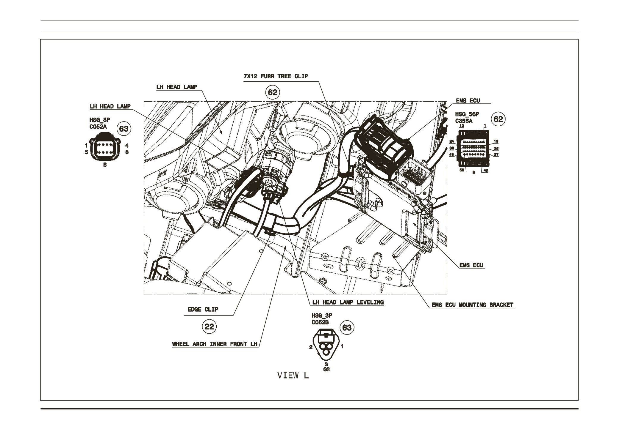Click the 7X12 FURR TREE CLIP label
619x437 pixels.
point(276,76)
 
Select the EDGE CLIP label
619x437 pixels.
point(203,309)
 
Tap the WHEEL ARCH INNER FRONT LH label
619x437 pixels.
point(215,344)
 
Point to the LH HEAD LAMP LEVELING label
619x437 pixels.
point(348,302)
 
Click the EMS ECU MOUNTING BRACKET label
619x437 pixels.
point(473,305)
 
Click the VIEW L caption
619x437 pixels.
point(293,376)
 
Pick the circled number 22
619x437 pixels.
point(209,327)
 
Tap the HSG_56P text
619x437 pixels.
point(467,115)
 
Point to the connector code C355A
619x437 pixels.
point(464,121)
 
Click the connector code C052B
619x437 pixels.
point(320,322)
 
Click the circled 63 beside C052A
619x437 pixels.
point(124,129)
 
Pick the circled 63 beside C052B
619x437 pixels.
point(347,327)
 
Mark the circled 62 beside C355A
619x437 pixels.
point(498,119)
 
